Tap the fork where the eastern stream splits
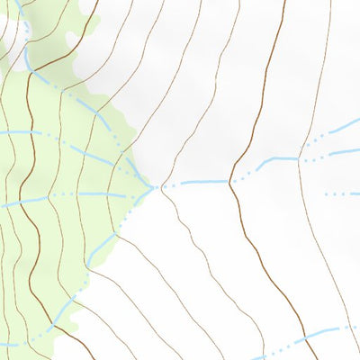click(x=301, y=158)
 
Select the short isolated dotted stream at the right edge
click(x=342, y=193)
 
